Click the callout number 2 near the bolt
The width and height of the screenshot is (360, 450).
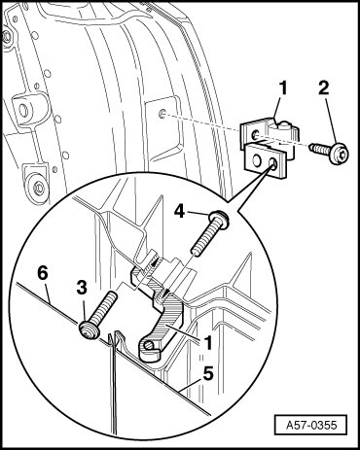323,88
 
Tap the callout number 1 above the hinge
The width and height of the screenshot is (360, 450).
283,88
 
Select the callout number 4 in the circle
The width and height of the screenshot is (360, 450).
180,212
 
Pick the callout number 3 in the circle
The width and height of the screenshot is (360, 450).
82,288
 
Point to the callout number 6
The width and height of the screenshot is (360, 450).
43,273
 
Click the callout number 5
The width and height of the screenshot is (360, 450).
207,374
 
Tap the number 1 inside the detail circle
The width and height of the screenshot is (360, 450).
208,343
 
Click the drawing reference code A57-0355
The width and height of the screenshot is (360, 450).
311,425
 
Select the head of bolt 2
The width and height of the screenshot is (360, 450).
339,153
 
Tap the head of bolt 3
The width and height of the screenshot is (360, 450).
89,330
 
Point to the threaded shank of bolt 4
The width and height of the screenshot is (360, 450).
205,237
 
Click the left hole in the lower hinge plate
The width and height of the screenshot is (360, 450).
257,158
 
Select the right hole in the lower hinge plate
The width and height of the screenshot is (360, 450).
273,162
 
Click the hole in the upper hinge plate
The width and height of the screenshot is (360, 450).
256,133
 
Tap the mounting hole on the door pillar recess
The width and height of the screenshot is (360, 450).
162,114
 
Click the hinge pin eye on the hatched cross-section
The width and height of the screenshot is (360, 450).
149,345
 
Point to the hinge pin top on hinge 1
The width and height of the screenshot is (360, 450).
285,123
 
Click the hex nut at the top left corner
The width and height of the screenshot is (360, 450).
6,37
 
